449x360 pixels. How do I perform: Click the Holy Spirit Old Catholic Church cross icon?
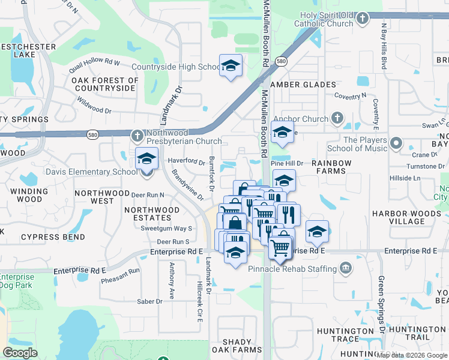tap(362, 19)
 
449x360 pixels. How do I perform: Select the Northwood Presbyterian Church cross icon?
tap(137, 136)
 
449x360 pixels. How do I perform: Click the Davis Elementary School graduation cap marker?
tap(146, 159)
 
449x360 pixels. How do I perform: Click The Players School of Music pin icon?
tap(396, 143)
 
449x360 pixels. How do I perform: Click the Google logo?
tap(20, 353)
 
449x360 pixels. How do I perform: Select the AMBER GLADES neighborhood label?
tap(301, 85)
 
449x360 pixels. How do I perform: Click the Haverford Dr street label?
tap(186, 161)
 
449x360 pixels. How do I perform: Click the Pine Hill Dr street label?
tap(287, 163)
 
